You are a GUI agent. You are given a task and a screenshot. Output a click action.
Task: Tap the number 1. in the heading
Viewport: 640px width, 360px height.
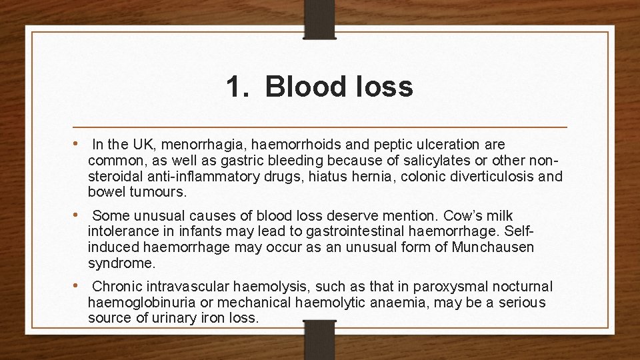pos(239,87)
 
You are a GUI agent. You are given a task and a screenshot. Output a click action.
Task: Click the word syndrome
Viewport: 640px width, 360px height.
pos(121,263)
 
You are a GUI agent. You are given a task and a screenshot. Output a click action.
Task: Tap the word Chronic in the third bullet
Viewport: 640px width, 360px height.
pos(117,287)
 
